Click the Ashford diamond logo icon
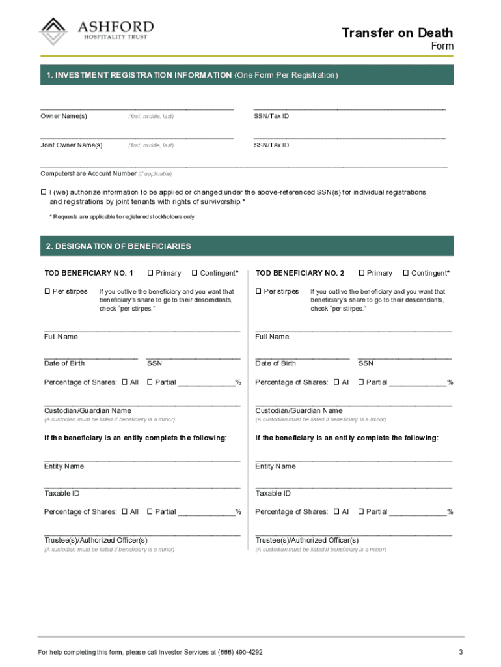(53, 31)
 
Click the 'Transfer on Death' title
(398, 33)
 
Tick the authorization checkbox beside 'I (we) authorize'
(44, 192)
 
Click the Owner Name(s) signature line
(137, 107)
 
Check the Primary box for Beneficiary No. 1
(151, 273)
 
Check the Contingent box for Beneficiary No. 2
(406, 273)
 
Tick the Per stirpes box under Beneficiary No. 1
(47, 291)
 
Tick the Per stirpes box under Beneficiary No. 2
(258, 291)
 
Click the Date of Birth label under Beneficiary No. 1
(64, 363)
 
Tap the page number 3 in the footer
(461, 652)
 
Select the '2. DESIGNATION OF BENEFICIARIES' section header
(119, 246)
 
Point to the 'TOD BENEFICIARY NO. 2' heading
(300, 273)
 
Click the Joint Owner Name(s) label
(72, 145)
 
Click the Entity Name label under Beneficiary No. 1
(64, 466)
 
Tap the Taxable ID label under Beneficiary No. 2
(273, 494)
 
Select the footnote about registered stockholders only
(122, 216)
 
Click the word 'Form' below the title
(442, 46)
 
